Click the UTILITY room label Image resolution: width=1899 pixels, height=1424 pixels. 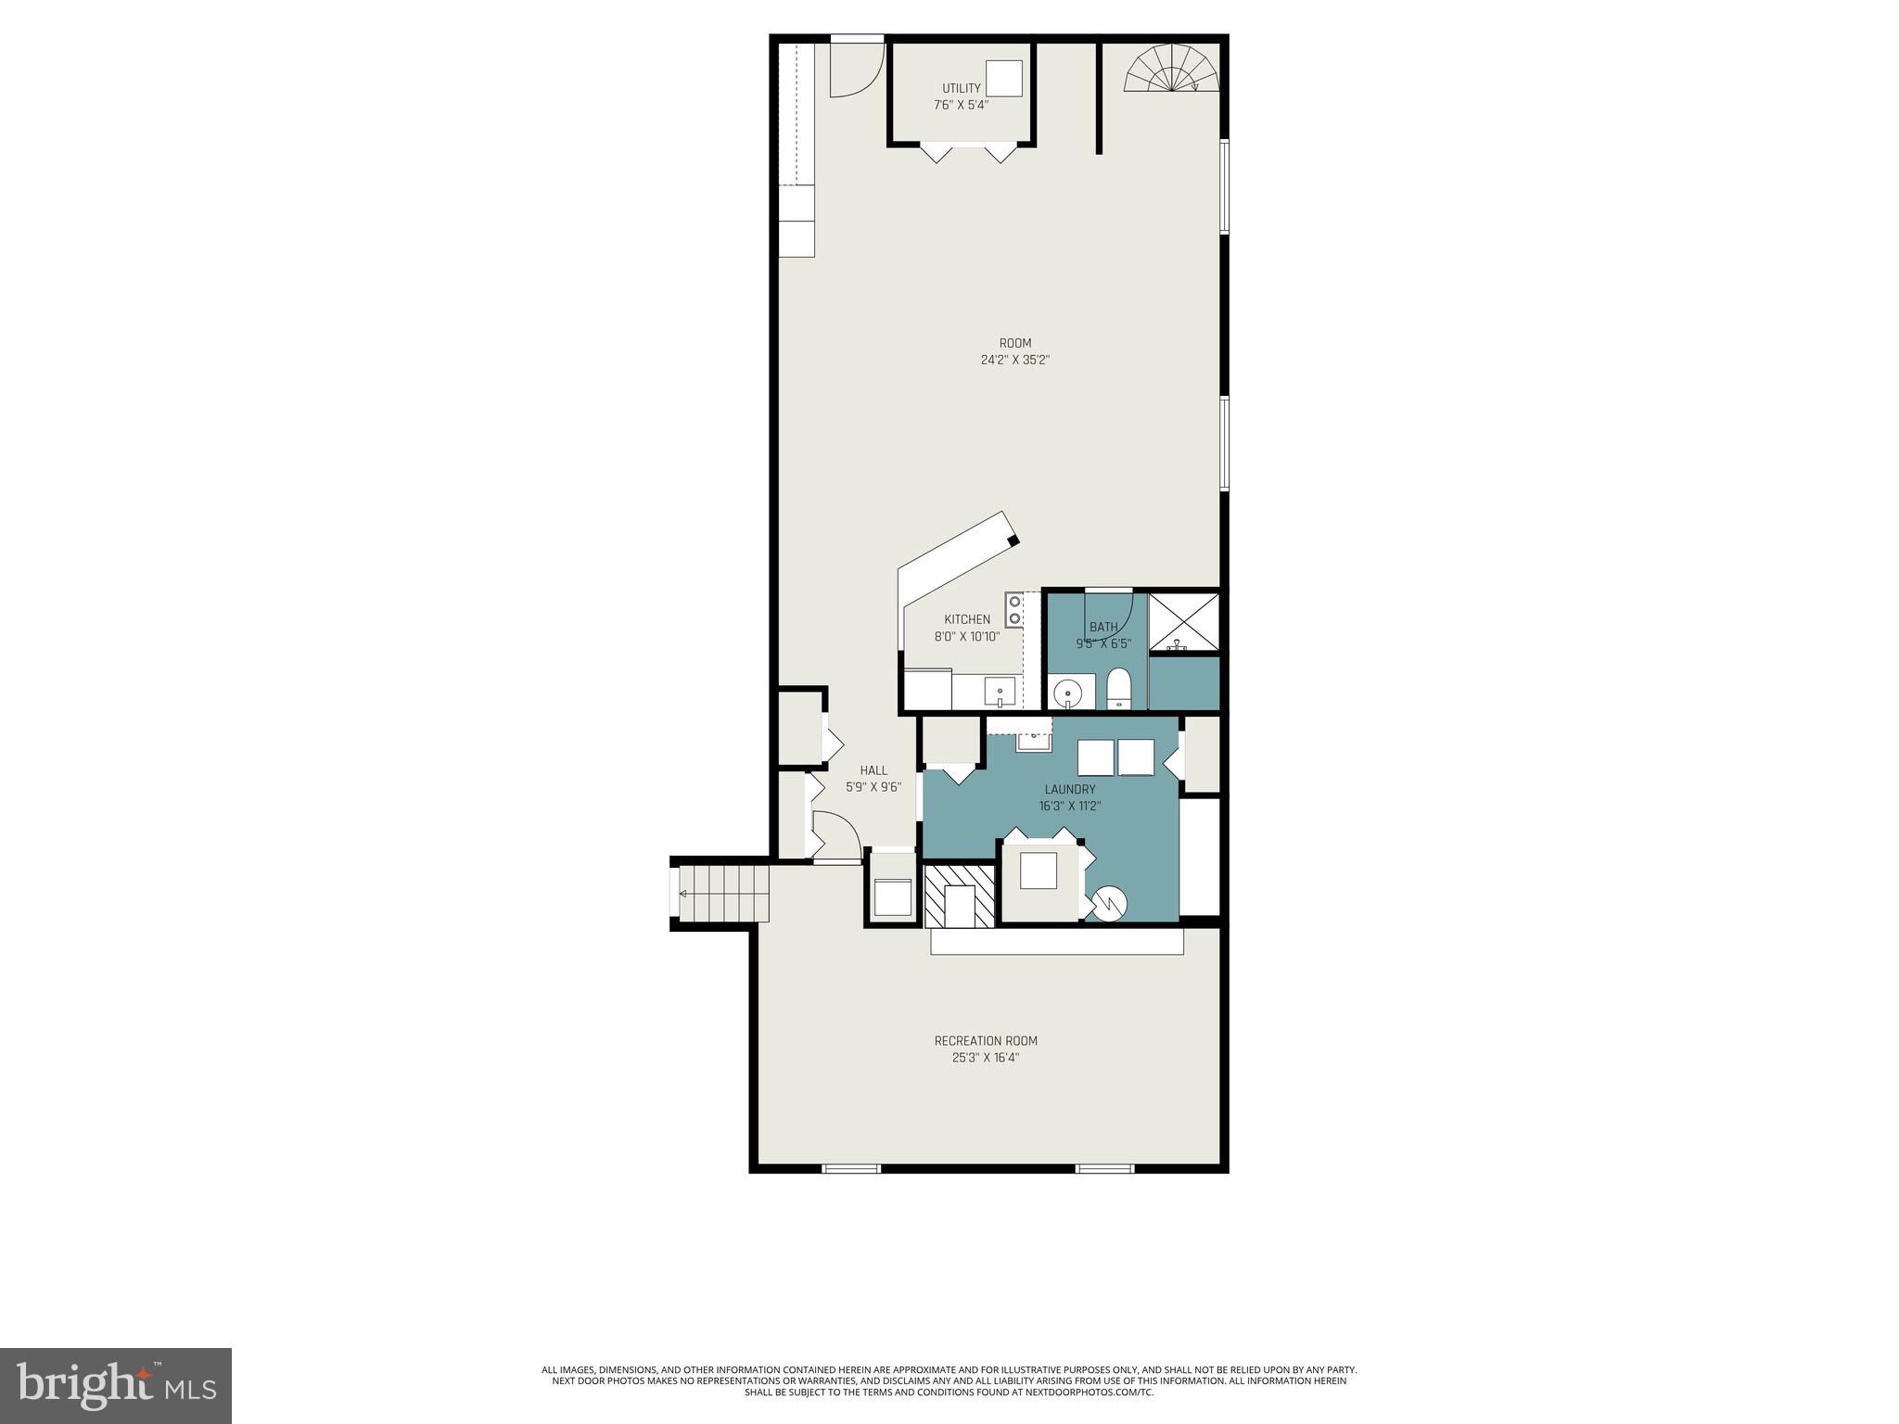[961, 88]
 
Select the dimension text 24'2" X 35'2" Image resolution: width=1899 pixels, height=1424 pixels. [1014, 360]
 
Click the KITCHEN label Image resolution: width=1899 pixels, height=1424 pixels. [967, 619]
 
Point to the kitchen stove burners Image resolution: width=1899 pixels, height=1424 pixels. [1014, 609]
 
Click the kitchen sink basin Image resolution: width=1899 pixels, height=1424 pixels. [1000, 692]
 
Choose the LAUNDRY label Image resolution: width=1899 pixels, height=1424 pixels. [1069, 789]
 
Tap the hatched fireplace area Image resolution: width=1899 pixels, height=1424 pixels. [959, 895]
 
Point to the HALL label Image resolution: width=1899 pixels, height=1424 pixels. [873, 770]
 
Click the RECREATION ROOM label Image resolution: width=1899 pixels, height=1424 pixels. [985, 1041]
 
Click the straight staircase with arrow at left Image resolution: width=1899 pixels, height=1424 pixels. [722, 894]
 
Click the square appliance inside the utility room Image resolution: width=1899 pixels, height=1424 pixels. [1003, 79]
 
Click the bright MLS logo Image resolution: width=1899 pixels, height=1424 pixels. [115, 1384]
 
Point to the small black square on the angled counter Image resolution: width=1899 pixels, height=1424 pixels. [1013, 540]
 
